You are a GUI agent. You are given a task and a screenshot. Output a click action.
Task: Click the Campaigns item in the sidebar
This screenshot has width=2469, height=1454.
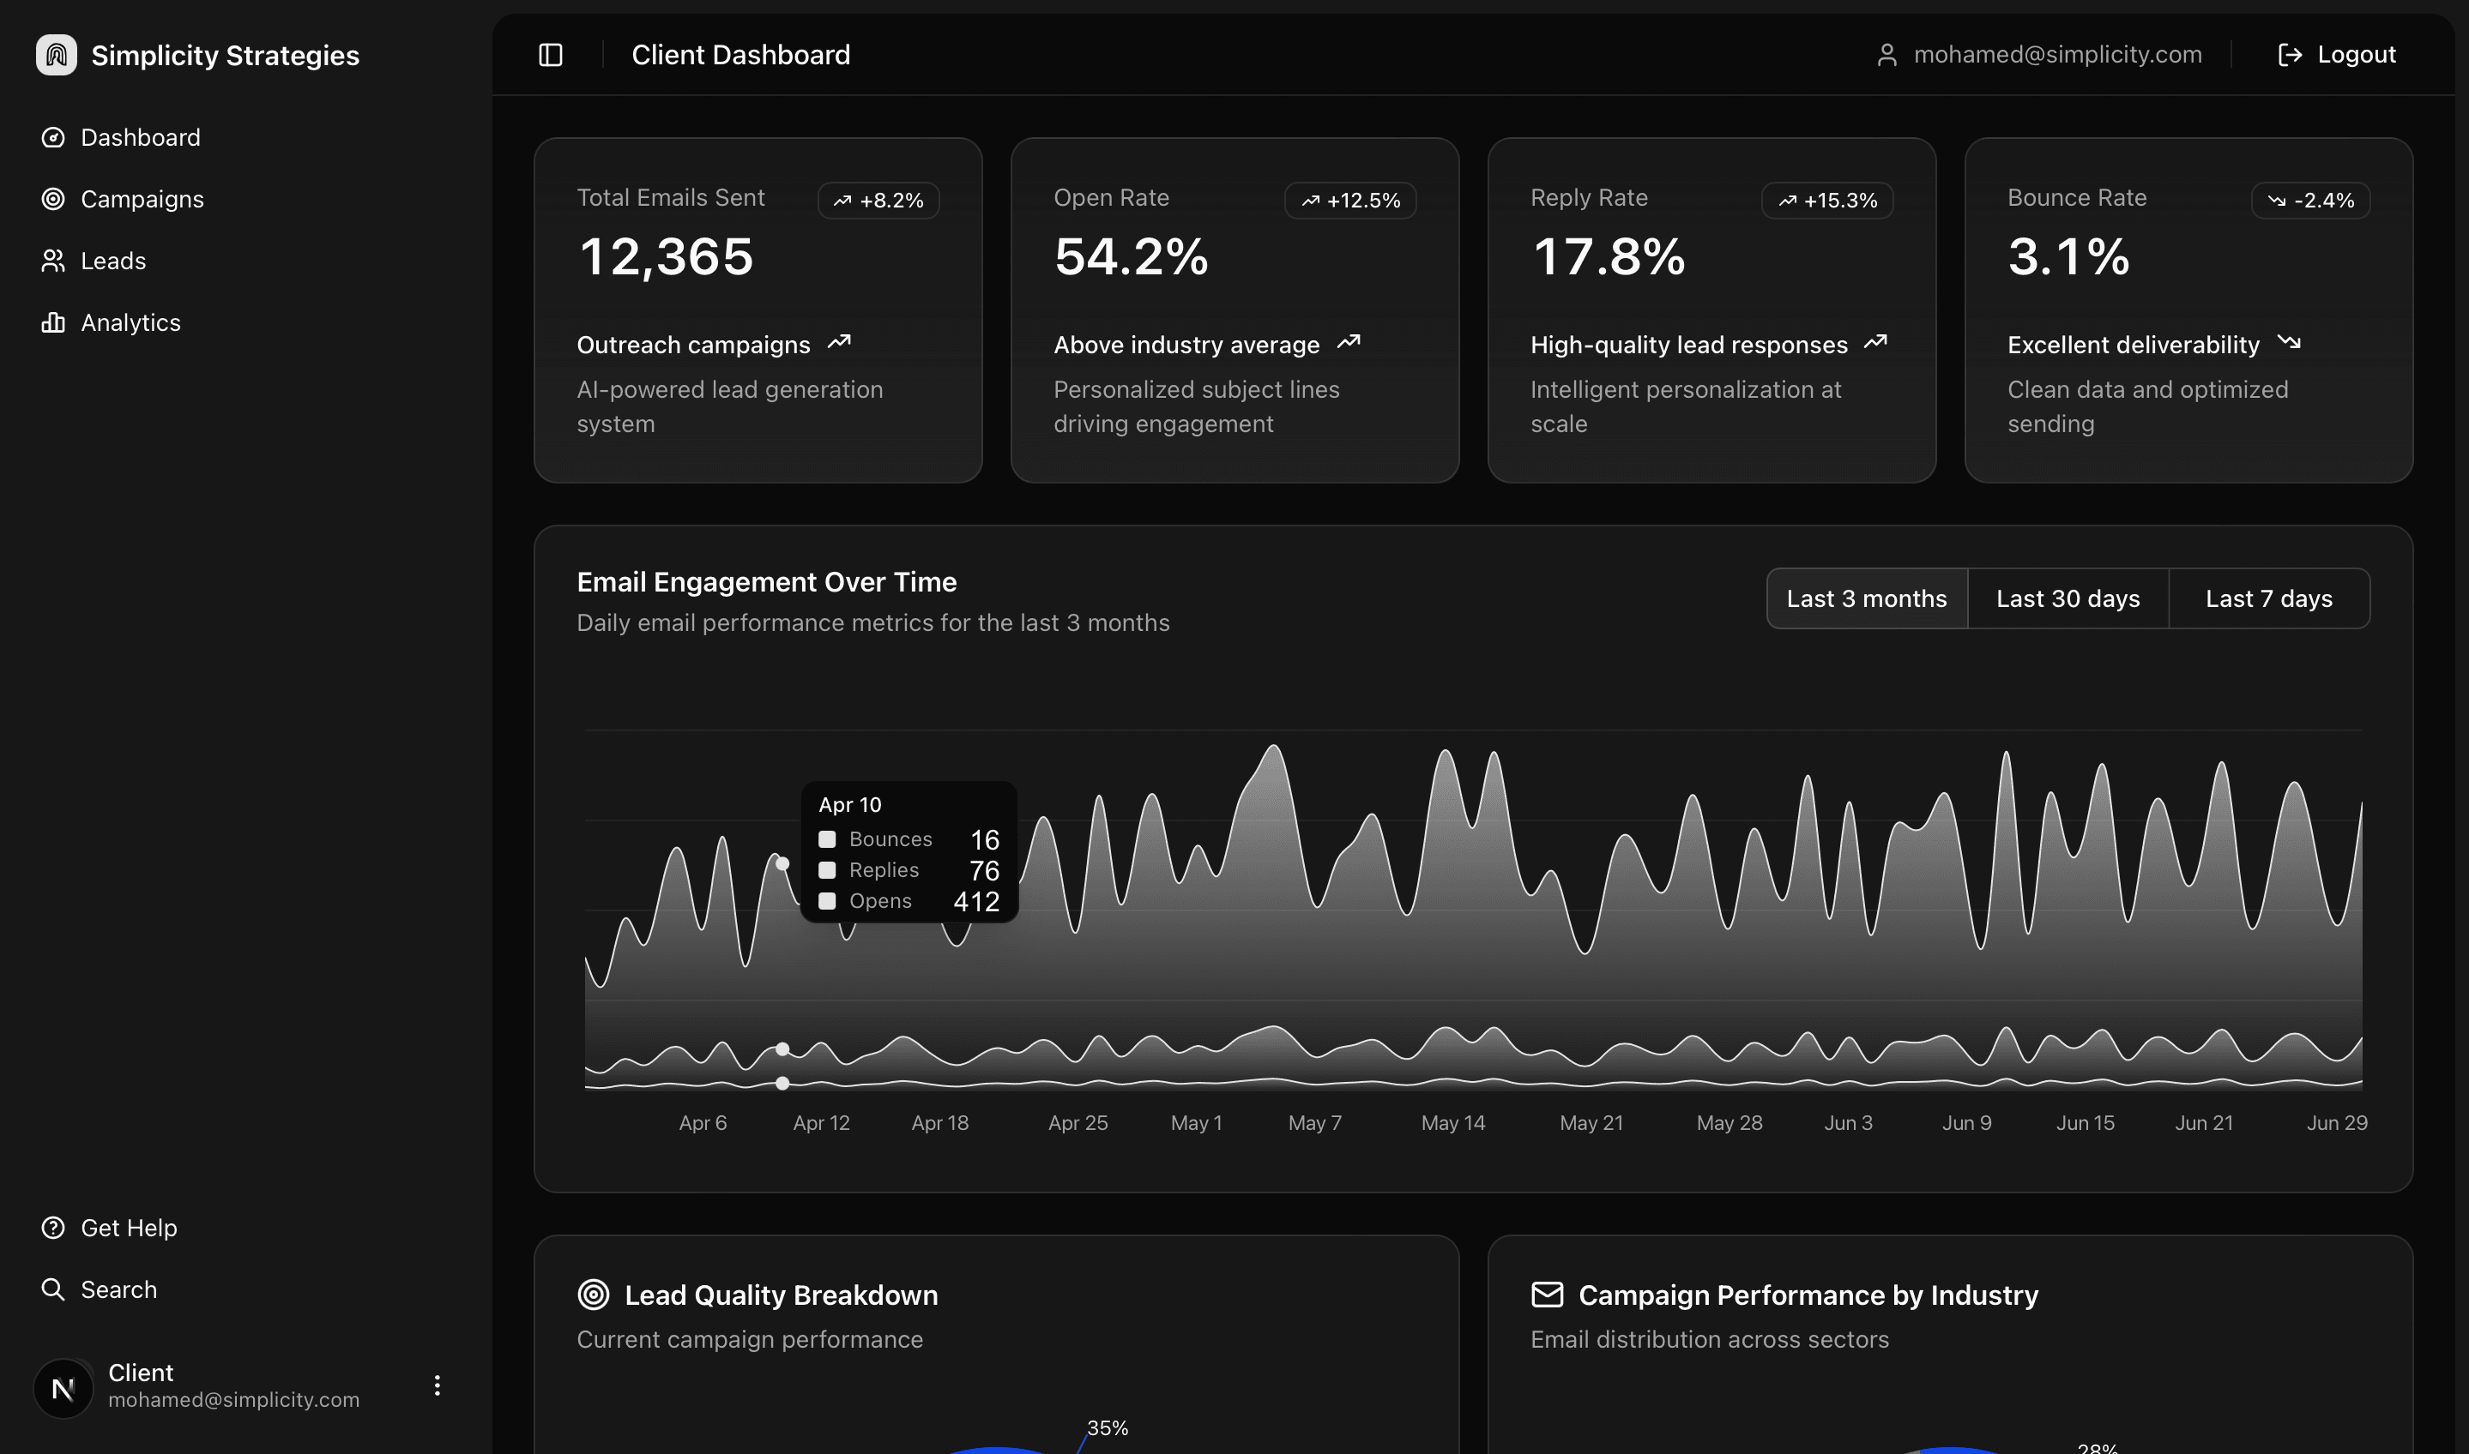tap(142, 199)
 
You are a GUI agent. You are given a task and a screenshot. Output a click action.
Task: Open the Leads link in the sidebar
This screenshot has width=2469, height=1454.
tap(112, 261)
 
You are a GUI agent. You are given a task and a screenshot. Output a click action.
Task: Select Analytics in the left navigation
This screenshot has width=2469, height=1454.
tap(130, 322)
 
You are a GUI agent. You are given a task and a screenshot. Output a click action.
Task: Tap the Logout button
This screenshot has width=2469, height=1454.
tap(2337, 55)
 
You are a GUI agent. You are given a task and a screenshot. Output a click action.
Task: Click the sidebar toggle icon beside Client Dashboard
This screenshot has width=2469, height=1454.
tap(551, 55)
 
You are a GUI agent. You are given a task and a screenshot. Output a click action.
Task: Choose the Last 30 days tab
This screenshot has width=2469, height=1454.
tap(2068, 598)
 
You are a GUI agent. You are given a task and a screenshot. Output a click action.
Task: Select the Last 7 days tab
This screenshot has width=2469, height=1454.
tap(2268, 598)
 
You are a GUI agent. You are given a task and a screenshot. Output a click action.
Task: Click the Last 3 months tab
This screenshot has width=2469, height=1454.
tap(1866, 598)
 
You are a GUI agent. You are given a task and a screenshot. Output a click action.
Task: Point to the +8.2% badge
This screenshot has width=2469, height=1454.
tap(878, 200)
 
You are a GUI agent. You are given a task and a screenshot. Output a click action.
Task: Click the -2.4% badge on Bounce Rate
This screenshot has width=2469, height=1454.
tap(2310, 200)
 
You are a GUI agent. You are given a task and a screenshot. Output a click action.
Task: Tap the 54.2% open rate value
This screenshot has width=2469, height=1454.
tap(1130, 256)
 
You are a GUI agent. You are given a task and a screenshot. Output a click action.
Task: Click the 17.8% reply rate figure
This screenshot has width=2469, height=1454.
tap(1608, 256)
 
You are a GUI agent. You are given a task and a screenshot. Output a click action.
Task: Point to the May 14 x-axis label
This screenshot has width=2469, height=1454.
tap(1452, 1123)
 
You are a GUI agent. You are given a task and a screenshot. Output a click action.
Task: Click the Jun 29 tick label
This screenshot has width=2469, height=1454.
tap(2337, 1123)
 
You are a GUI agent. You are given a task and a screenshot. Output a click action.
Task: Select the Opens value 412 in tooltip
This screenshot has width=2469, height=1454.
tap(976, 901)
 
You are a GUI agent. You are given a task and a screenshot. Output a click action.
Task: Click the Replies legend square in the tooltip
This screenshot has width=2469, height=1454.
tap(827, 870)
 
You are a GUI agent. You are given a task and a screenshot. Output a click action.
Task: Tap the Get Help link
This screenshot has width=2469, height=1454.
tap(128, 1228)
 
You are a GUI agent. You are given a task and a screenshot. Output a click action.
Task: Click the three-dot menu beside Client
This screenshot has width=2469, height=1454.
tap(438, 1385)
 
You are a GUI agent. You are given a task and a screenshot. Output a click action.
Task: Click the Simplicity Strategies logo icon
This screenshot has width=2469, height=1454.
tap(56, 55)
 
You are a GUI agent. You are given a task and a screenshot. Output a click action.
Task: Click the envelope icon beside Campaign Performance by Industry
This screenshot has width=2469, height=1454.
tap(1547, 1295)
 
